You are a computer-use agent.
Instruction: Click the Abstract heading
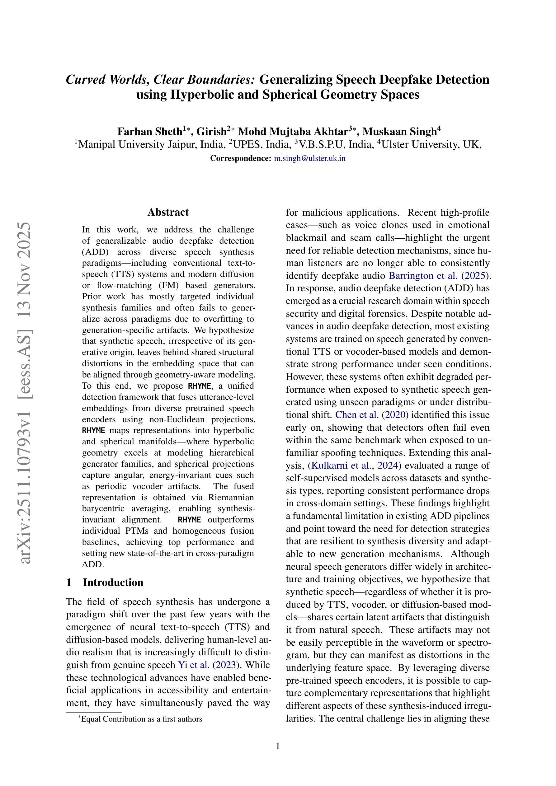(168, 212)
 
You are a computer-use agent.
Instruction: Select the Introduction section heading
(113, 582)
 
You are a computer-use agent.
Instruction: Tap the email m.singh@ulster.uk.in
(310, 158)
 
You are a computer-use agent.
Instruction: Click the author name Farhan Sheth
(149, 131)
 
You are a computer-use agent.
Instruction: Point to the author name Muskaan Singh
(399, 131)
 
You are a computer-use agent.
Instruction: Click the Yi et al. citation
(194, 665)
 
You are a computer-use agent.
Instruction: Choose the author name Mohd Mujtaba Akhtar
(293, 131)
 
